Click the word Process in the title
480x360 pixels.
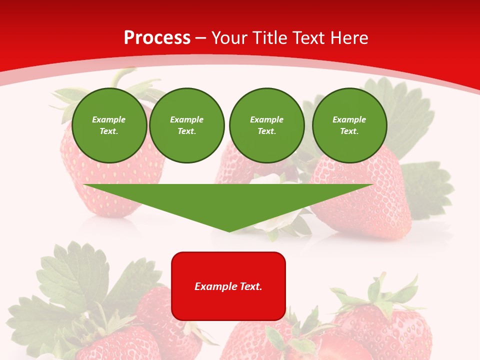tap(157, 38)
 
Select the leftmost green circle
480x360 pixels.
tap(109, 125)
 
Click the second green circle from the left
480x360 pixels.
tap(186, 125)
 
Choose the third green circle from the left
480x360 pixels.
tap(266, 125)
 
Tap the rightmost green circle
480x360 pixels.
tap(349, 125)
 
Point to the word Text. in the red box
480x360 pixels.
tap(251, 286)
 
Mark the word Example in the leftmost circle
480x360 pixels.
tap(109, 119)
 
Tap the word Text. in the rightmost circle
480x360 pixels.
tap(349, 131)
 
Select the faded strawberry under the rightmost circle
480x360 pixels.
tap(365, 200)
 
